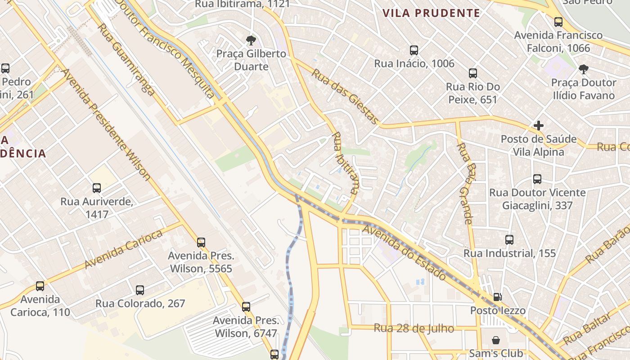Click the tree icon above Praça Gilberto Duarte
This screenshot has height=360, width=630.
(251, 40)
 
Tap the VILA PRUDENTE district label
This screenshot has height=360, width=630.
(431, 13)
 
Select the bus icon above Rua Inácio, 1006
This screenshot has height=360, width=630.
(414, 50)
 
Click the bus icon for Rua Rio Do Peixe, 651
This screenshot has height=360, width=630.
(472, 73)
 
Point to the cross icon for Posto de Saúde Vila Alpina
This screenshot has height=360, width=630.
(538, 126)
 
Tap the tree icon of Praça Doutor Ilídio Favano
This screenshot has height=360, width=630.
(584, 69)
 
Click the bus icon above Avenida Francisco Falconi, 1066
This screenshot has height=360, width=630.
(558, 22)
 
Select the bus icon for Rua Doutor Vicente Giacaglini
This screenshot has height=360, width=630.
(537, 179)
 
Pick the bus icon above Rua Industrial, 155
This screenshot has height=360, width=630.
(509, 240)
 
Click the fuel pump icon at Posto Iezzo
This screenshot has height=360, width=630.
(497, 297)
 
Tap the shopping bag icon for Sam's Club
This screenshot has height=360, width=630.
(495, 340)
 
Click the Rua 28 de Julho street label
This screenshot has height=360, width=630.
(414, 328)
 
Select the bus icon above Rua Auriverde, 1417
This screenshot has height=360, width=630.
(97, 188)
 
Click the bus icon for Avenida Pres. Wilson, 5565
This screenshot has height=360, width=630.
(201, 243)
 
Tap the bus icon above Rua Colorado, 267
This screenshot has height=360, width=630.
(140, 290)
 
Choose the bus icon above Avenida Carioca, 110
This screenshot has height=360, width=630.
(40, 286)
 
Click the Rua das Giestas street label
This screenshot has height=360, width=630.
(346, 96)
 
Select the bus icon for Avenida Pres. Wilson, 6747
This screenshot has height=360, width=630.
(246, 307)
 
